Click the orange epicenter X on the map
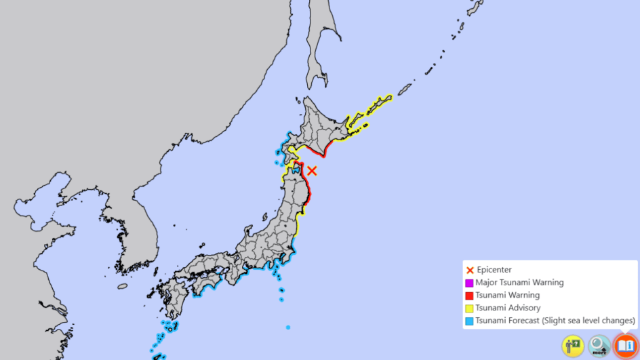[312, 171]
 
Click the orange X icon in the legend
[470, 270]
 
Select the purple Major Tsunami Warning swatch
[469, 283]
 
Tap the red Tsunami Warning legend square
[469, 296]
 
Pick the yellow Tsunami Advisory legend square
[469, 308]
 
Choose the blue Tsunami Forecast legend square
[469, 321]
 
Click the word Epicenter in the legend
[494, 270]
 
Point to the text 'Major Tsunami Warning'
[519, 283]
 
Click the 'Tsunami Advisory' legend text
[508, 308]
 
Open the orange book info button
[625, 346]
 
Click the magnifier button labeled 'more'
[599, 346]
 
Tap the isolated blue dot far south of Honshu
[288, 327]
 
